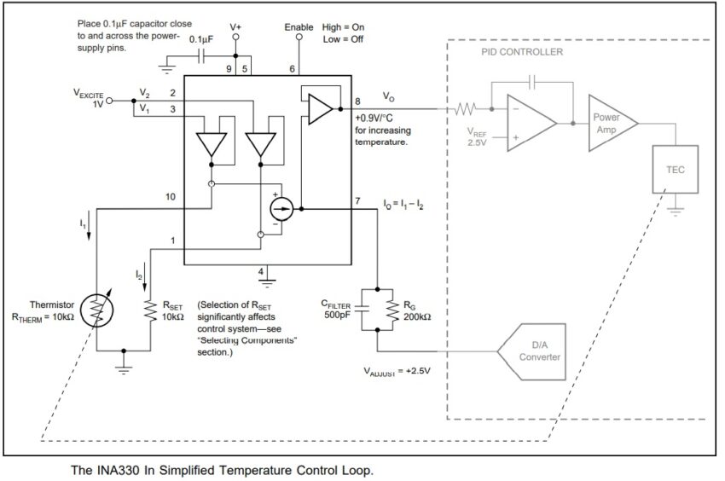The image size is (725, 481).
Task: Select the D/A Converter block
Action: pos(531,352)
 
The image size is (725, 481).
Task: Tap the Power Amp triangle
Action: pos(613,123)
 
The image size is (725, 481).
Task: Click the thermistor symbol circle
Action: pos(96,310)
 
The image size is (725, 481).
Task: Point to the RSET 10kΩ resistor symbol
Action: pos(150,310)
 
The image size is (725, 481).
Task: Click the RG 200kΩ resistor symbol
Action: pos(393,310)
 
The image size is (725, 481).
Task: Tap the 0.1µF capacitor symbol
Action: pos(201,56)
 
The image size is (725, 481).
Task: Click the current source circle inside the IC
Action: pos(281,209)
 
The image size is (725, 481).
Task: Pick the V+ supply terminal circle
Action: pos(235,37)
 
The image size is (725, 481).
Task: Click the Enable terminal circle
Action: pos(299,37)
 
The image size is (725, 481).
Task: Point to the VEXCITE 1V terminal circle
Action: pos(109,101)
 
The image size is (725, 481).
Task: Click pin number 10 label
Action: pos(171,197)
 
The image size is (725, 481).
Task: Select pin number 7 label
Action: pos(357,201)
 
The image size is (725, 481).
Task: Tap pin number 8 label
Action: pos(357,101)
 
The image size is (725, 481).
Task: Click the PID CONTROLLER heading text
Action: pos(522,52)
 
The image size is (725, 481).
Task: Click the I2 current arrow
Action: pos(145,277)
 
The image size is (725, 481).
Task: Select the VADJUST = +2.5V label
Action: pos(397,371)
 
